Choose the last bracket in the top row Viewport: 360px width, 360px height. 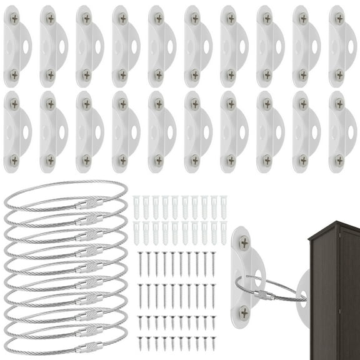pyautogui.click(x=341, y=46)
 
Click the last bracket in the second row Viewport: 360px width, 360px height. pyautogui.click(x=341, y=132)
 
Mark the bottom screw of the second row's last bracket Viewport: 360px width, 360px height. pyautogui.click(x=339, y=160)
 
